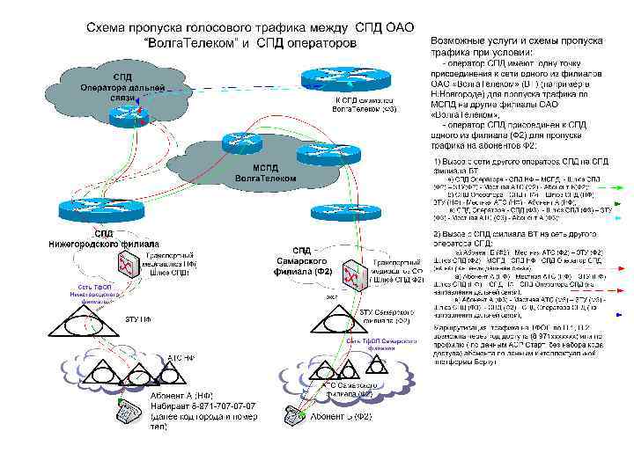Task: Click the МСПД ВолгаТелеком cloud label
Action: click(x=265, y=172)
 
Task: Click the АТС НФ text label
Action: click(x=181, y=358)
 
